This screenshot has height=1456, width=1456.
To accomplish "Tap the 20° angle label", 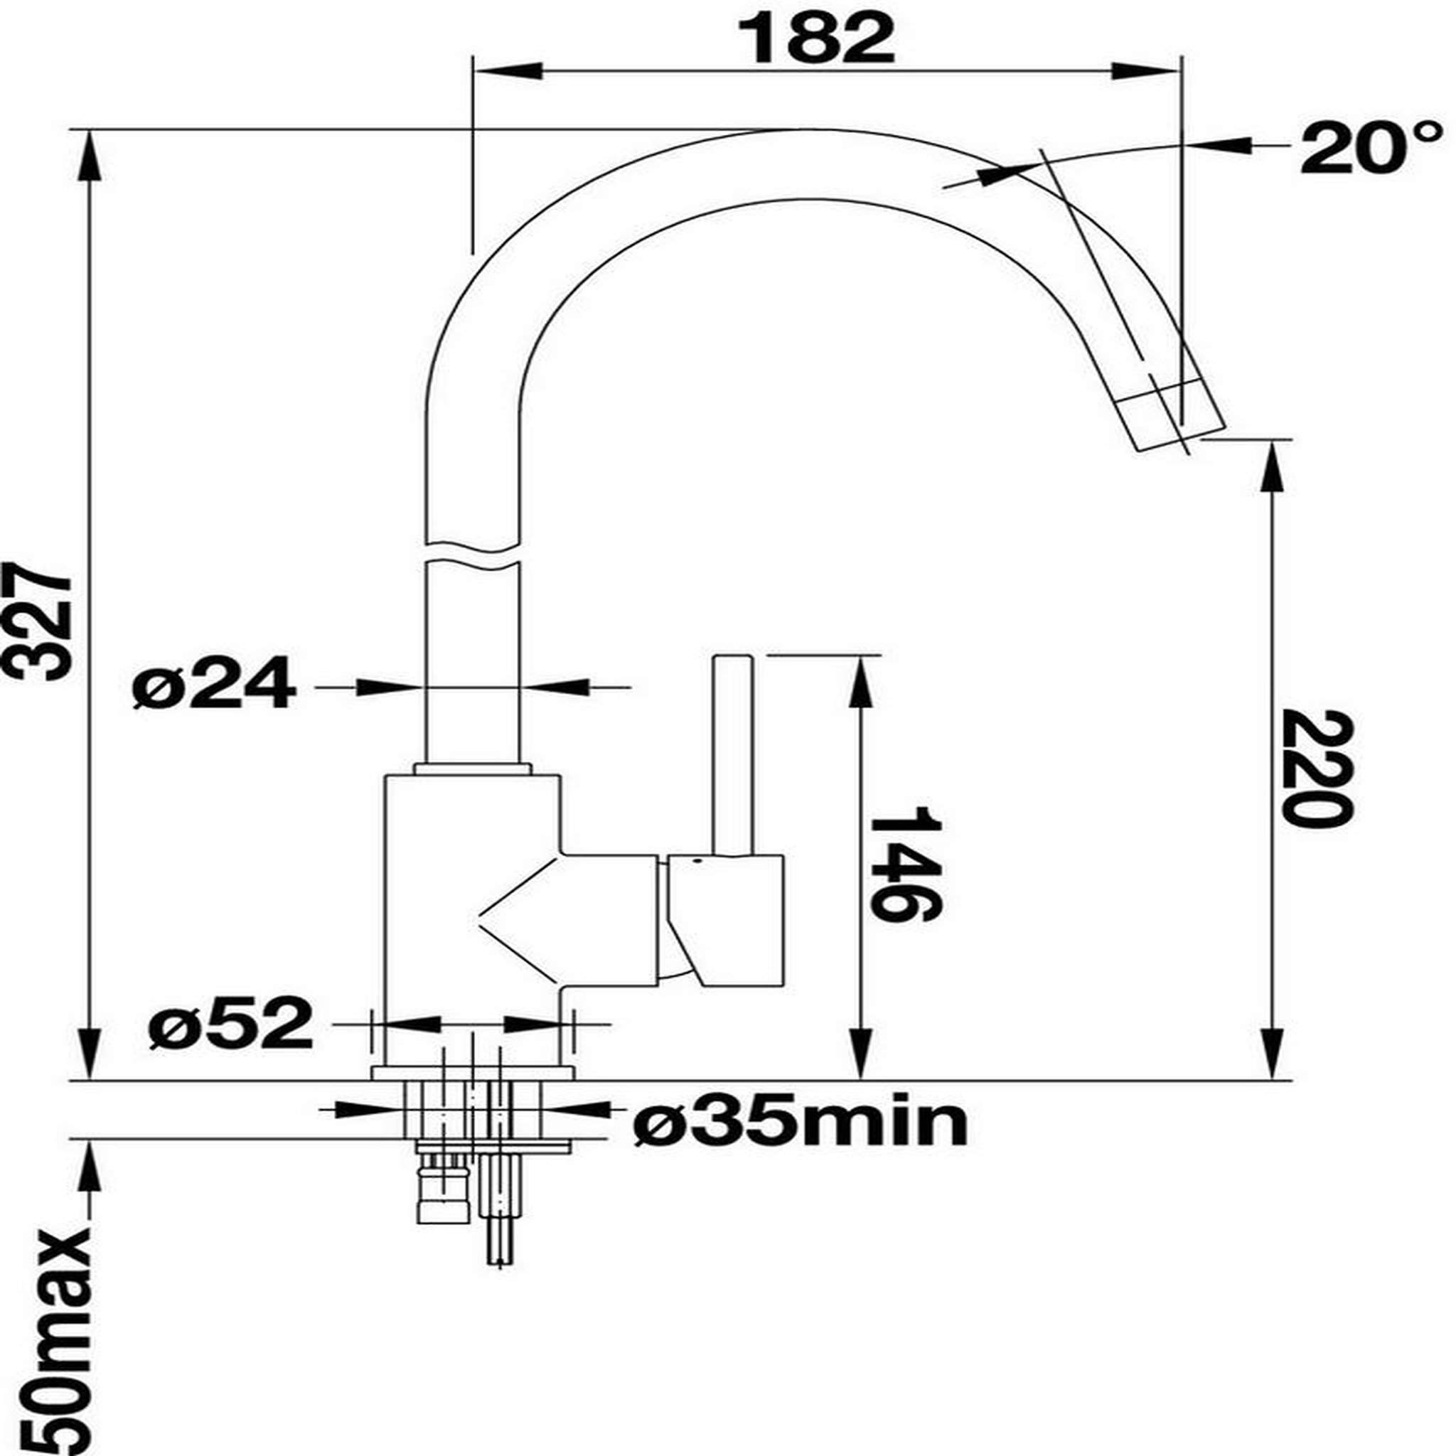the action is [1371, 149].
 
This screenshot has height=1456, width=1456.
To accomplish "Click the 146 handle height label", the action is [905, 864].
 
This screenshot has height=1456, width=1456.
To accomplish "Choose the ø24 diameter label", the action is [213, 682].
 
